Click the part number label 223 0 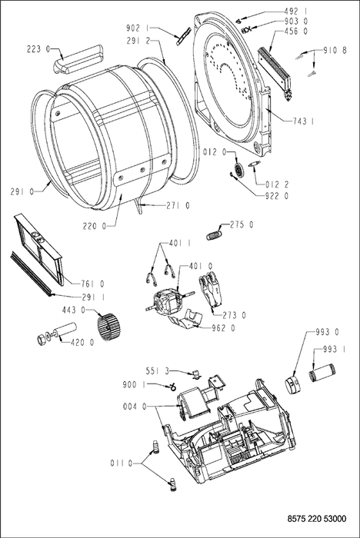[38, 49]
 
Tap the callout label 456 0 [296, 32]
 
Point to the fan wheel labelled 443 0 [107, 327]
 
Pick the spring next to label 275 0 [214, 236]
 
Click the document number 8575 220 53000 [316, 519]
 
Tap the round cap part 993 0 [292, 384]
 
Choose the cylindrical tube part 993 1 [323, 373]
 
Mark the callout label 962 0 [223, 328]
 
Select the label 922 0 [277, 196]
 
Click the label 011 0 [122, 463]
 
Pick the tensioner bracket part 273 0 [212, 289]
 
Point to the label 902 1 [138, 27]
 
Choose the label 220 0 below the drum [94, 226]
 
